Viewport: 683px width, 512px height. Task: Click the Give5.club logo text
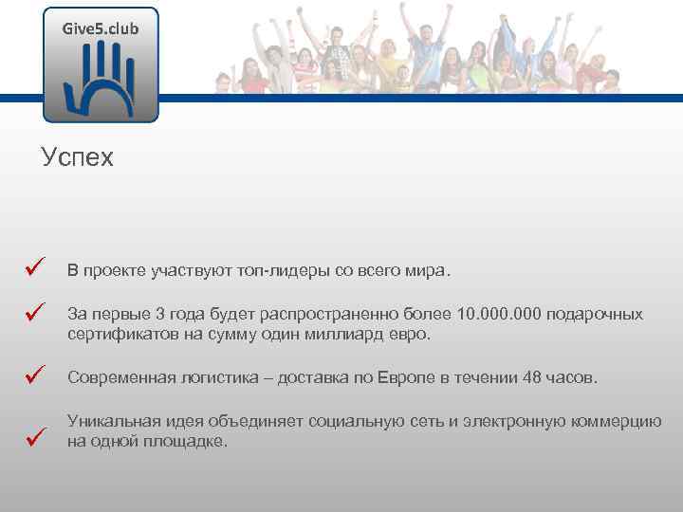(x=101, y=28)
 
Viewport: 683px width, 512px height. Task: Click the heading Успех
(x=77, y=157)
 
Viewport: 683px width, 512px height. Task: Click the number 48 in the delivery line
(x=532, y=378)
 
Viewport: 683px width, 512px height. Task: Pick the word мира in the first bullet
(x=423, y=271)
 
